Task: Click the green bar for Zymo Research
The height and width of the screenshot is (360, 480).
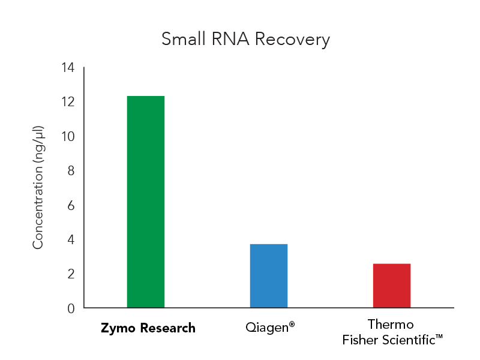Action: [146, 202]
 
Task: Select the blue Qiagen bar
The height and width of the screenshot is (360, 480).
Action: [269, 276]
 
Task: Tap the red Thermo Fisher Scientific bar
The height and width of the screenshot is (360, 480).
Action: [392, 286]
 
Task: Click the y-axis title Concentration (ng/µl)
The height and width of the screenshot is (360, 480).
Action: [38, 187]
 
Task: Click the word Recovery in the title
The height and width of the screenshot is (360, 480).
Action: [292, 40]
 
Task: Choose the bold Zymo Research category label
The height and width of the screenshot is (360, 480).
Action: [148, 328]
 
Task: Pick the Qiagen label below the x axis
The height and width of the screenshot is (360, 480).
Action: [267, 328]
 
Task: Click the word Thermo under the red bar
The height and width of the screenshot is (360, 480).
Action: [391, 325]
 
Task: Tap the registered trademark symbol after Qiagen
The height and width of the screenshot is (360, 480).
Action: [292, 325]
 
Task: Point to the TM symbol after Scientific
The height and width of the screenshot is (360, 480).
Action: [439, 338]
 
